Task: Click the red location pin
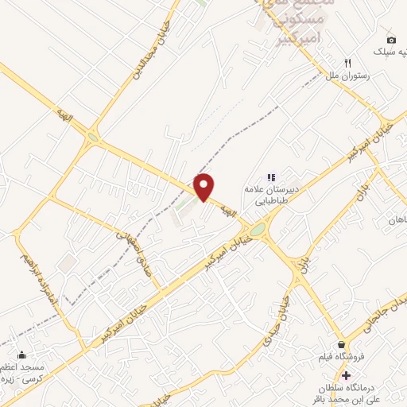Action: click(x=205, y=187)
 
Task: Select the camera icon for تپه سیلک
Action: click(x=391, y=40)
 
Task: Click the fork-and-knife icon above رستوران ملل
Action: click(x=347, y=63)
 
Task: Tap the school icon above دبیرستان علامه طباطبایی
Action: click(x=270, y=176)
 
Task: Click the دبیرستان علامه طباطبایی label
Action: click(x=272, y=196)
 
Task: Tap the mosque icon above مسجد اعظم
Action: click(x=21, y=355)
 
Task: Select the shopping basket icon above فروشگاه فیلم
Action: click(x=342, y=344)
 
